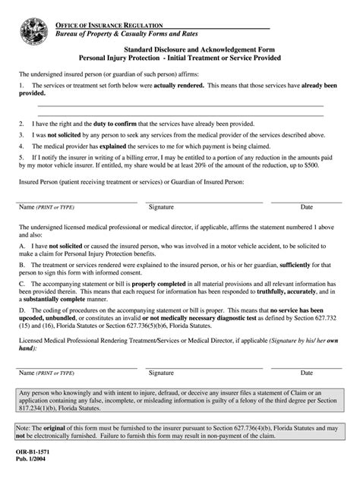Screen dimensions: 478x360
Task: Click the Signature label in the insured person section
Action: [x=161, y=207]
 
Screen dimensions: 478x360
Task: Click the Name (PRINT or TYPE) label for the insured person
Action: [x=46, y=207]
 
